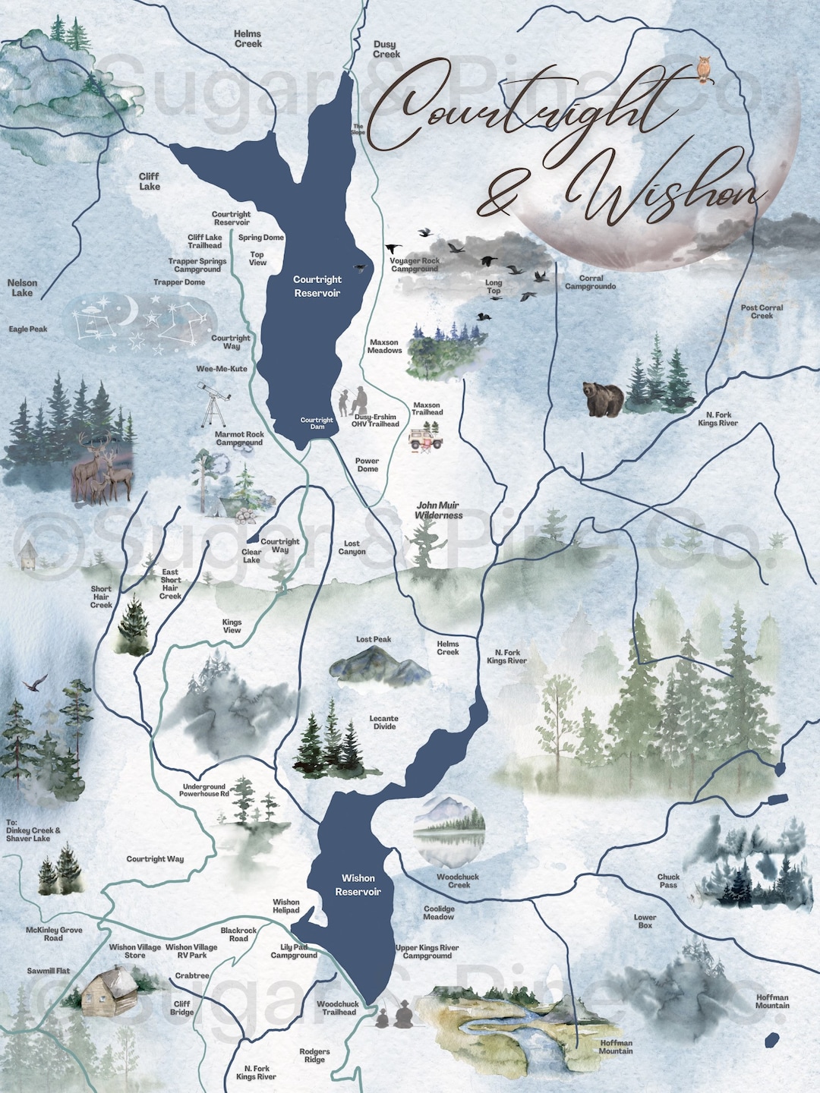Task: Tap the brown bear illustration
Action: click(603, 399)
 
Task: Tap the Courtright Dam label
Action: click(317, 423)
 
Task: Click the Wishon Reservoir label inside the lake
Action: click(358, 885)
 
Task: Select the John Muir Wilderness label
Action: click(439, 510)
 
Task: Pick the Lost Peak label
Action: click(374, 639)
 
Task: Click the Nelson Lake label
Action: click(22, 288)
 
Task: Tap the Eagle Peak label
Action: click(28, 329)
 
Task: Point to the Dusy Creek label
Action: click(386, 49)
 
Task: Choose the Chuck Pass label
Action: click(668, 880)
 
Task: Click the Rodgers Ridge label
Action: click(314, 1056)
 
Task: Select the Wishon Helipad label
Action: click(286, 906)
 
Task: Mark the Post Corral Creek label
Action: click(762, 311)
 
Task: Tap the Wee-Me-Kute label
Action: click(222, 369)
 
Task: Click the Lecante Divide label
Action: click(384, 722)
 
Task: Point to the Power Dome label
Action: click(367, 465)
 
